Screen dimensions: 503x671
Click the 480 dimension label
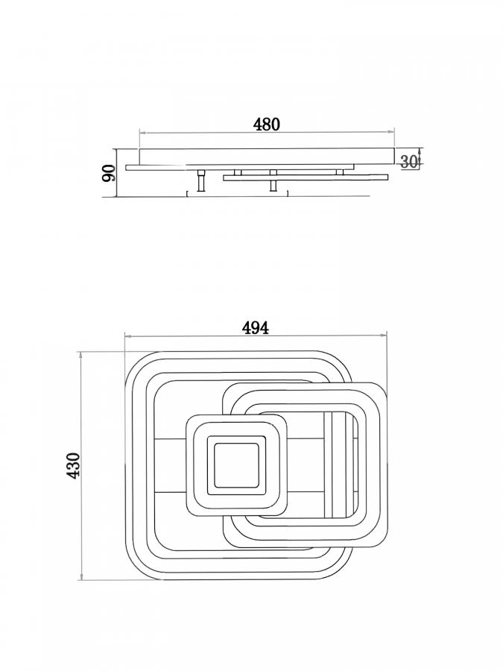pyautogui.click(x=267, y=124)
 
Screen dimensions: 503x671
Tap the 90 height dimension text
pyautogui.click(x=109, y=173)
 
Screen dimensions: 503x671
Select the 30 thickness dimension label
pyautogui.click(x=409, y=161)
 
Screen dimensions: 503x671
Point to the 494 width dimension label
pyautogui.click(x=256, y=328)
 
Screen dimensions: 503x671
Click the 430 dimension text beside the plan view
pyautogui.click(x=74, y=465)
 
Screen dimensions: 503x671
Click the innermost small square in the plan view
pyautogui.click(x=236, y=465)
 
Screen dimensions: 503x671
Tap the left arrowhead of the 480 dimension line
pyautogui.click(x=143, y=133)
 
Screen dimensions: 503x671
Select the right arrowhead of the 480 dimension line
pyautogui.click(x=391, y=133)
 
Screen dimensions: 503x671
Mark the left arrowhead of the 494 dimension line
pyautogui.click(x=127, y=336)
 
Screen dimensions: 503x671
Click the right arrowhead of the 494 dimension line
pyautogui.click(x=384, y=336)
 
